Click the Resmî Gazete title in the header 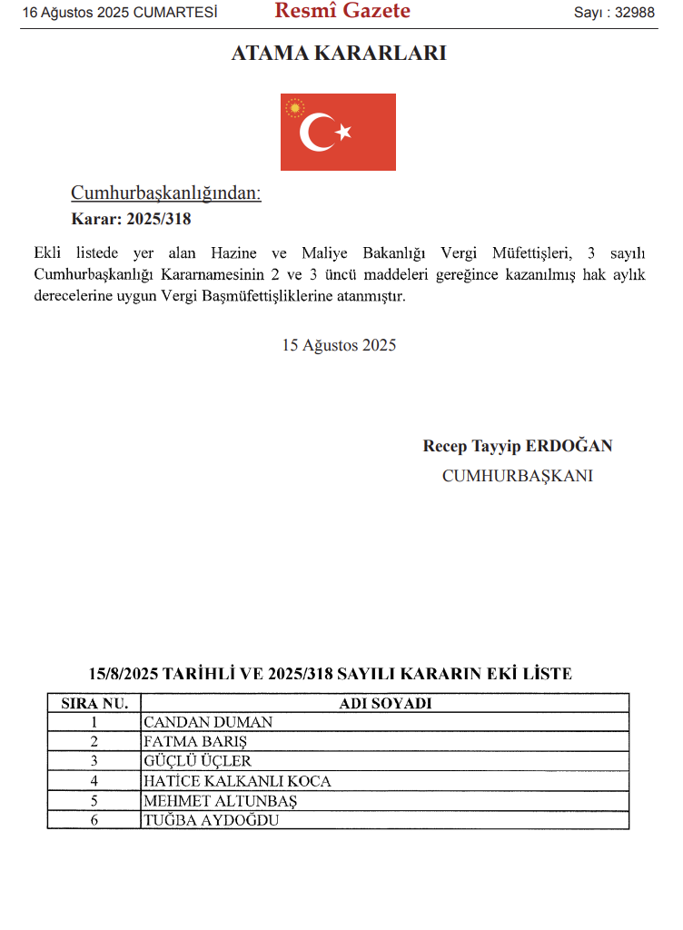tap(342, 12)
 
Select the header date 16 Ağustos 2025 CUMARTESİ tap(120, 13)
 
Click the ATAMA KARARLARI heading tap(339, 54)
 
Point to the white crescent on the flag tap(318, 133)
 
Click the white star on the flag tap(343, 133)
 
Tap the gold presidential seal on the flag tap(294, 109)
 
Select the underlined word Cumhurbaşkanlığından tap(166, 193)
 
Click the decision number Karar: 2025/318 tap(131, 219)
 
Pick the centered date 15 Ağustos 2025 tap(339, 345)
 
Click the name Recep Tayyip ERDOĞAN tap(518, 446)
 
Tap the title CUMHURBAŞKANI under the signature tap(518, 475)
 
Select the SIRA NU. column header tap(94, 703)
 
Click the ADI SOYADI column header tap(385, 703)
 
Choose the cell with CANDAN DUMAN tap(208, 723)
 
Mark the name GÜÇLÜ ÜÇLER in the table tap(198, 761)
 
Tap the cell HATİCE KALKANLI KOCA tap(237, 781)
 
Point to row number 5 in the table tap(94, 800)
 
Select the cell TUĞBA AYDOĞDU tap(211, 819)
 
